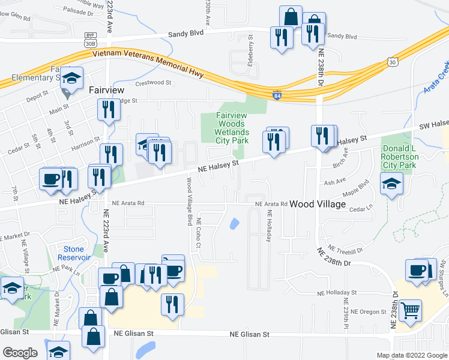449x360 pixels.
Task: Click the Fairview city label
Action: click(x=106, y=89)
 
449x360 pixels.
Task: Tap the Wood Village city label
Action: click(x=318, y=205)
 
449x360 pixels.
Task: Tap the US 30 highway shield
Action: click(x=392, y=61)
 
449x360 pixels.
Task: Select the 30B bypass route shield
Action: click(x=91, y=40)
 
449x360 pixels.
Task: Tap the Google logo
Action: click(x=20, y=353)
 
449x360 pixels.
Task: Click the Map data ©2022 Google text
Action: click(x=411, y=355)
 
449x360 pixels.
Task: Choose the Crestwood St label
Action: click(x=154, y=83)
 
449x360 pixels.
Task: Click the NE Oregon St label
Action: click(x=369, y=311)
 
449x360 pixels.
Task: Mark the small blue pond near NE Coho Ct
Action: click(x=234, y=224)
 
